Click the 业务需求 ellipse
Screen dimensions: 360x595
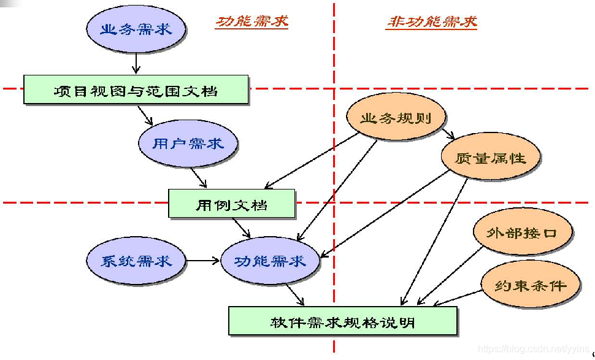tap(136, 29)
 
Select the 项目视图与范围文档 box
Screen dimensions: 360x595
tap(136, 91)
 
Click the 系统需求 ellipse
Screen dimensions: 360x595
tap(136, 261)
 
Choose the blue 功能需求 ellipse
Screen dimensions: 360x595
tap(270, 261)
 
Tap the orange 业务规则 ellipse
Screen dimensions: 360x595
tap(396, 119)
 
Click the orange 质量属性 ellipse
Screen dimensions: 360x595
tap(491, 157)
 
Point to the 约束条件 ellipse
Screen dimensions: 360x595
tap(530, 285)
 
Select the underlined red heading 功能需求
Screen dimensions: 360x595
tap(251, 22)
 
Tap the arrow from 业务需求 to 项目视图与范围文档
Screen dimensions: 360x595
tap(136, 61)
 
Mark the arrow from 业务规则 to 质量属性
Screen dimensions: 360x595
tap(447, 132)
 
